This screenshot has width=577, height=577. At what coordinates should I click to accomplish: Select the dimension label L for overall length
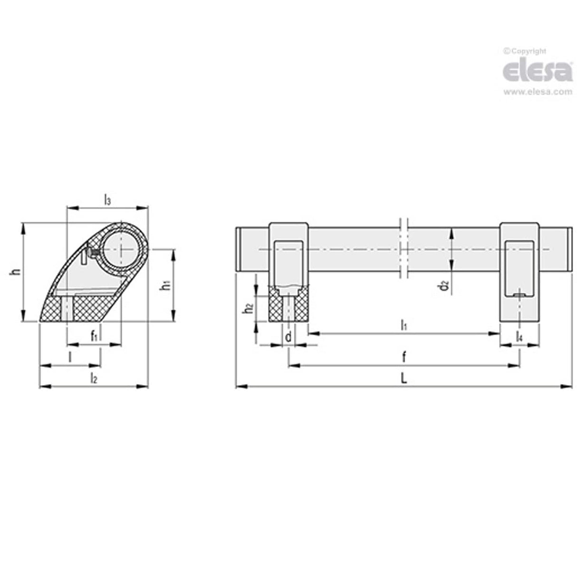pyautogui.click(x=404, y=378)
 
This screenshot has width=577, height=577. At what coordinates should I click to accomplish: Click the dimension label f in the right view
pyautogui.click(x=404, y=356)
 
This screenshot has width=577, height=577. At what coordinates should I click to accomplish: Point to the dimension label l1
pyautogui.click(x=404, y=326)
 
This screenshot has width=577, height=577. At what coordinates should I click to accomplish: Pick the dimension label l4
pyautogui.click(x=519, y=337)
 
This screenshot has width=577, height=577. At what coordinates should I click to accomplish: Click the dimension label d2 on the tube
pyautogui.click(x=443, y=285)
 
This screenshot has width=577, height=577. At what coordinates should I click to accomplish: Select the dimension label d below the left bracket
pyautogui.click(x=288, y=337)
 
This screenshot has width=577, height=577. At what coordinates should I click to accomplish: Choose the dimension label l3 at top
pyautogui.click(x=107, y=200)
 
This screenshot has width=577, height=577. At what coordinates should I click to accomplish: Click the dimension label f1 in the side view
pyautogui.click(x=95, y=336)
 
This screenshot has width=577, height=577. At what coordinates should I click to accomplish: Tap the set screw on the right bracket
pyautogui.click(x=519, y=296)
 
